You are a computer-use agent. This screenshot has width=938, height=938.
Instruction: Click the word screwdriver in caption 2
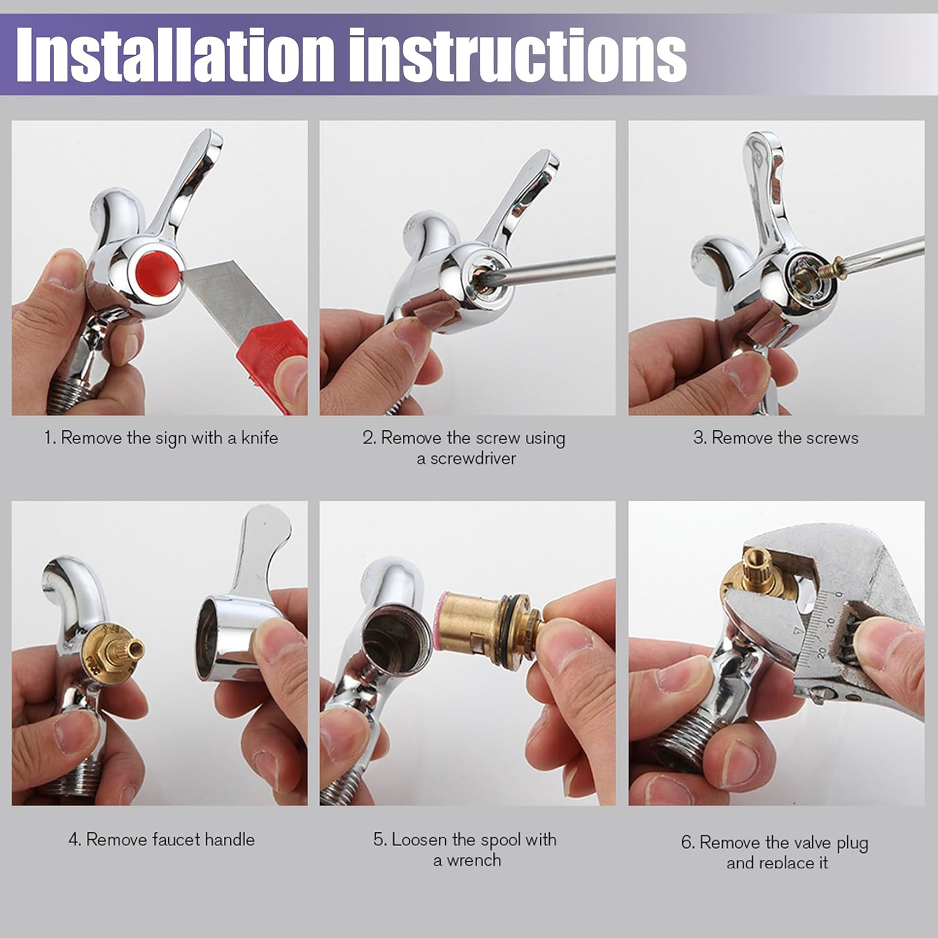[473, 458]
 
